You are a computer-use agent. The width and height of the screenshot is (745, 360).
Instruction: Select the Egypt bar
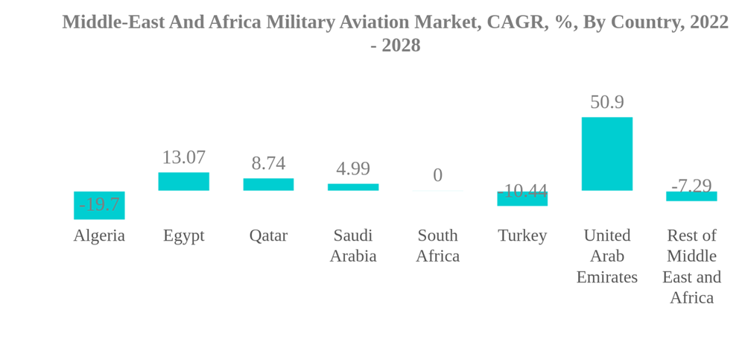click(183, 181)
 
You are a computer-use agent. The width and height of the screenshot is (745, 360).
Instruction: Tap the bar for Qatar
click(268, 184)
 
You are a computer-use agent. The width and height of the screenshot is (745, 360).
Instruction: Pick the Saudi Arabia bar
click(353, 187)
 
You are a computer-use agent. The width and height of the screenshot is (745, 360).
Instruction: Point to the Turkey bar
click(522, 199)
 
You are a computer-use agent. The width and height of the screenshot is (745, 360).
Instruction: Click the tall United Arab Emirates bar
click(606, 154)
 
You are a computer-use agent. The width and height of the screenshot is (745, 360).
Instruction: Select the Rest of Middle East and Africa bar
click(691, 196)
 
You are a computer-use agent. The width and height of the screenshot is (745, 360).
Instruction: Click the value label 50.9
click(606, 102)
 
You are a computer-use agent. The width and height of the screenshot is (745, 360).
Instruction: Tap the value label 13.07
click(183, 157)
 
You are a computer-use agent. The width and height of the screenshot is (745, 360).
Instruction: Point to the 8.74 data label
click(268, 163)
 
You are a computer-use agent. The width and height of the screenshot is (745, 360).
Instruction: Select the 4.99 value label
click(353, 168)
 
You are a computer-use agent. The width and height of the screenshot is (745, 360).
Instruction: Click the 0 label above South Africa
click(437, 175)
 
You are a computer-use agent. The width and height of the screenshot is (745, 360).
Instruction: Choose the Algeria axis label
click(99, 236)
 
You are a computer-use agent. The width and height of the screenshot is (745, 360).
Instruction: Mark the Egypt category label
click(183, 236)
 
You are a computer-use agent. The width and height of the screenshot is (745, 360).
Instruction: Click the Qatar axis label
click(268, 236)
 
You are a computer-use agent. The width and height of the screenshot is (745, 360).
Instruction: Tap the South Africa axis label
click(437, 246)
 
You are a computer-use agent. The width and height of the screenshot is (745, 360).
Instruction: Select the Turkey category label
click(522, 236)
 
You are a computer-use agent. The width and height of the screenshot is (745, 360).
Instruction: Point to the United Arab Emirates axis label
click(606, 256)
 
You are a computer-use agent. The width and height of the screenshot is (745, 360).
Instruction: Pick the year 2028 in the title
click(402, 45)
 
